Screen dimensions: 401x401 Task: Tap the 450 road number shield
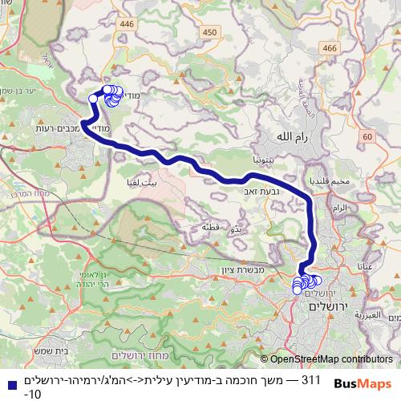pyautogui.click(x=210, y=31)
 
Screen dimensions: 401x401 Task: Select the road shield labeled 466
pyautogui.click(x=328, y=49)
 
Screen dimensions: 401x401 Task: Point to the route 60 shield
pyautogui.click(x=367, y=138)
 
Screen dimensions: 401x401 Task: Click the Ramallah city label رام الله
pyautogui.click(x=290, y=136)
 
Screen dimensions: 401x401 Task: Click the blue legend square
pyautogui.click(x=7, y=382)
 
